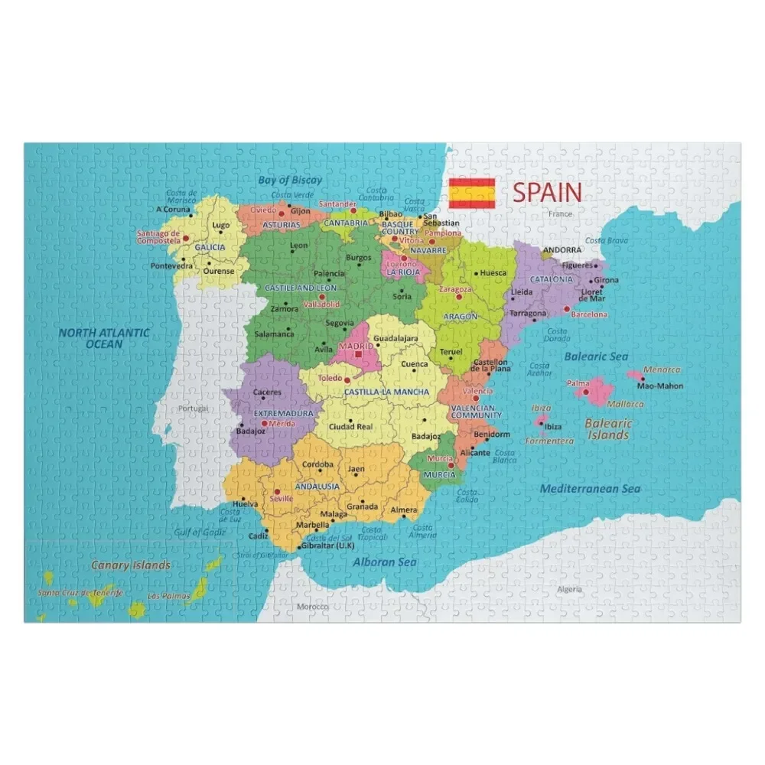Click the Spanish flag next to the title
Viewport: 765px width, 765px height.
pos(472,193)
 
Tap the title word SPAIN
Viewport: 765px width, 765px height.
pos(547,192)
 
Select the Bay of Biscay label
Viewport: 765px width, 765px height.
pos(290,181)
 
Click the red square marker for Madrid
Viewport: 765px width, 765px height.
pos(358,354)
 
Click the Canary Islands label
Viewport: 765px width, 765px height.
pos(131,565)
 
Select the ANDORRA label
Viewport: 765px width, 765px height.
pos(562,250)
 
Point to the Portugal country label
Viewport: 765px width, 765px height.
pos(193,409)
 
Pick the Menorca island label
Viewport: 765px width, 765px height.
pos(661,370)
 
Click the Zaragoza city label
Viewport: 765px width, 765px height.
pos(455,290)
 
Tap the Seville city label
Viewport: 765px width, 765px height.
pos(282,498)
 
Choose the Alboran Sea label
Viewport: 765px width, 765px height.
pos(384,562)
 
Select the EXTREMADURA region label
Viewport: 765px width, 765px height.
pos(284,413)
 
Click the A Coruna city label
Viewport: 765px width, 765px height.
pos(173,209)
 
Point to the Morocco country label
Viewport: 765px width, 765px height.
pos(312,606)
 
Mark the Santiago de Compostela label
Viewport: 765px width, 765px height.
pos(158,236)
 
